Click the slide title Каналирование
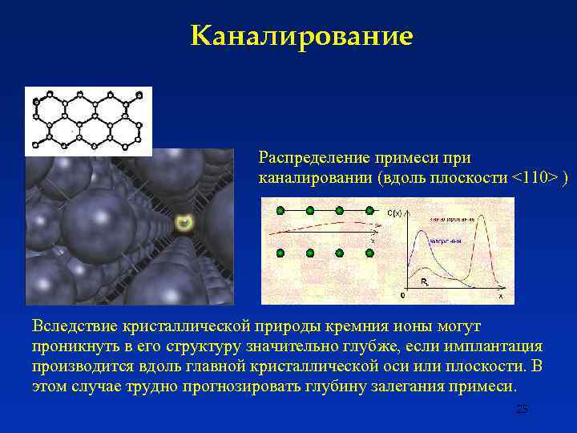(x=302, y=36)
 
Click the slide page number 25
(x=522, y=409)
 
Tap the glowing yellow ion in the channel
(x=184, y=222)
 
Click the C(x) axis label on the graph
(x=394, y=213)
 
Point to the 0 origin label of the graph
(x=402, y=295)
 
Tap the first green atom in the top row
(x=280, y=211)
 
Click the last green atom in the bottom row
(x=369, y=253)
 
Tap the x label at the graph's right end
(x=501, y=296)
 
